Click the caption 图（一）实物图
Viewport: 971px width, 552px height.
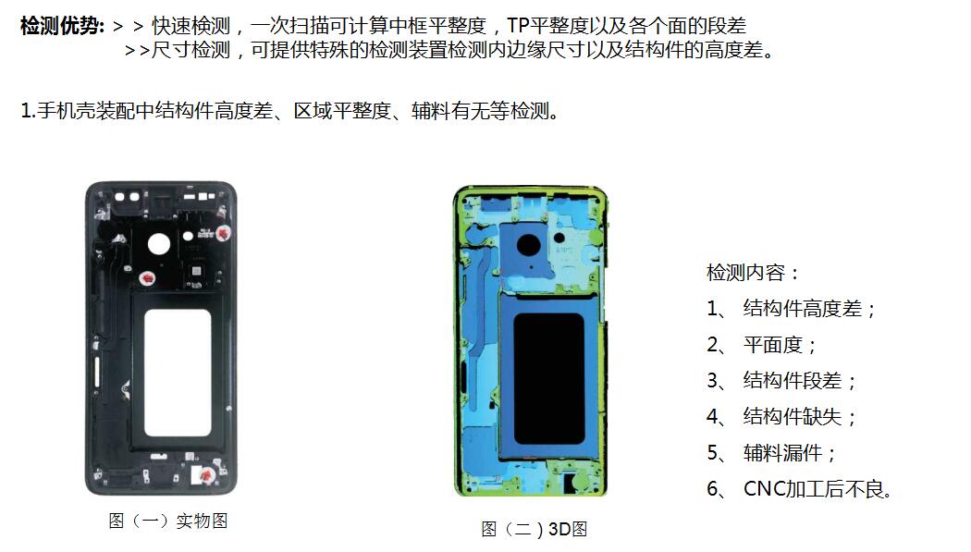coord(167,521)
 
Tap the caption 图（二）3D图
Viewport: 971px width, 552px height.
coord(534,529)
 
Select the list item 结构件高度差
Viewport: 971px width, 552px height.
coord(803,308)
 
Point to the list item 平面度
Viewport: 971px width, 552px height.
coord(773,344)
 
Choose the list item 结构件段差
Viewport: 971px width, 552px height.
coord(793,380)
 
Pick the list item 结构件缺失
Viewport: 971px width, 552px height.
coord(793,416)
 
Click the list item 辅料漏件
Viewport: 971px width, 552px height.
coord(782,453)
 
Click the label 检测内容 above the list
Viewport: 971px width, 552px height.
coord(745,272)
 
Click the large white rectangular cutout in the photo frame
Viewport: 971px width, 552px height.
coord(178,374)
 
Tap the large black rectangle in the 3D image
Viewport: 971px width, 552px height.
coord(549,379)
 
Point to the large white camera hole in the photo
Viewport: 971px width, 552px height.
coord(158,244)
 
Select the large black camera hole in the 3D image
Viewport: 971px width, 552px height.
coord(529,244)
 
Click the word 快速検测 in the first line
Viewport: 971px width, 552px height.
coord(191,26)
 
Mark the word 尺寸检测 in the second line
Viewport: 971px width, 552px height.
coord(191,50)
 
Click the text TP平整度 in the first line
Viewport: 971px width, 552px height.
coord(547,26)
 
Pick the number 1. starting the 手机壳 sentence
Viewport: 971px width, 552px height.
coord(27,111)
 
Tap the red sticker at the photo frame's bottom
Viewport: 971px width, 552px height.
coord(205,475)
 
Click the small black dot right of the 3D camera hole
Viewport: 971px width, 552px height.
coord(559,238)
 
